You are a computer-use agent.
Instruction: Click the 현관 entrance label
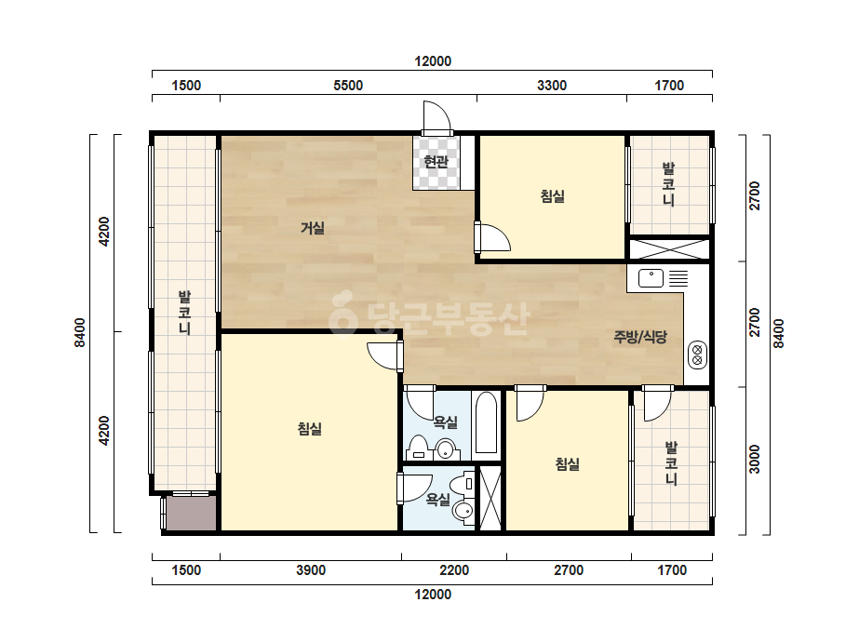tap(436, 162)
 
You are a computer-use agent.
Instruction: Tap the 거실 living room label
tap(313, 228)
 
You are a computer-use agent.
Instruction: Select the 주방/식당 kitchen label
tap(640, 337)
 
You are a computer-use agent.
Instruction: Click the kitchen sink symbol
tap(651, 278)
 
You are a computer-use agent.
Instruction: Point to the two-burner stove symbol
tap(697, 355)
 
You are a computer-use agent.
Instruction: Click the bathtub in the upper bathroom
tap(486, 422)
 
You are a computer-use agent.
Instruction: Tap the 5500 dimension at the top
tap(348, 86)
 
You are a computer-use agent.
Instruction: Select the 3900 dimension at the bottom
tap(311, 570)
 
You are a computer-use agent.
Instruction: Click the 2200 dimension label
tap(454, 570)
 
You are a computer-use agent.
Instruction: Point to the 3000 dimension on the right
tap(755, 459)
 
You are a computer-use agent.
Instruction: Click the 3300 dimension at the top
tap(552, 86)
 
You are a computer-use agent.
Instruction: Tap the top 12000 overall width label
tap(433, 61)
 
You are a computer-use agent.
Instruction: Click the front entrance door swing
tap(436, 117)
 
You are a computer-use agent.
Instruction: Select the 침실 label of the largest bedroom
tap(310, 428)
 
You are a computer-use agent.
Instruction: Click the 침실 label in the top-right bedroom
tap(552, 196)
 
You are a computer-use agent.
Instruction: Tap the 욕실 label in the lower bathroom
tap(437, 500)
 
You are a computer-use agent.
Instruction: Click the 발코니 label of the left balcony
tap(184, 313)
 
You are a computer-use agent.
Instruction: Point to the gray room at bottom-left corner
tap(191, 514)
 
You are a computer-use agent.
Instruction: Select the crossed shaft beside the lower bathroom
tap(490, 498)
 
